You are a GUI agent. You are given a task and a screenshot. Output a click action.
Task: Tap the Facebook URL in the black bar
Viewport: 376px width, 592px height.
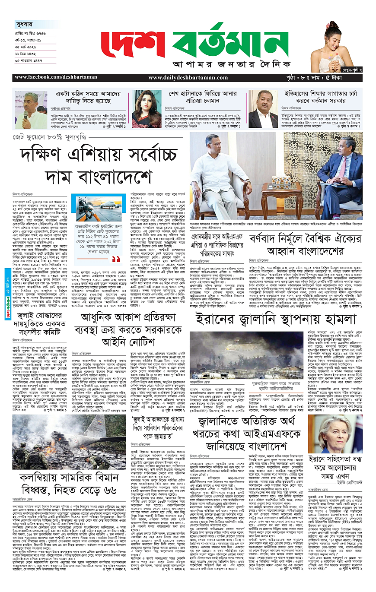(49, 78)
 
